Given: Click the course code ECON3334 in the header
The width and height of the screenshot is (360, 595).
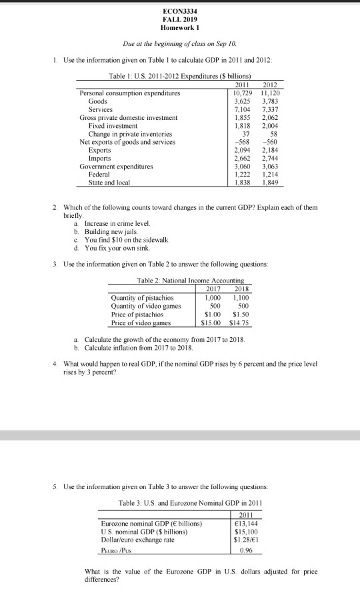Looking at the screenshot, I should [179, 12].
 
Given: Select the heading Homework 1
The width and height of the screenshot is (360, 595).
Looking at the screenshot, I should [179, 28].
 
